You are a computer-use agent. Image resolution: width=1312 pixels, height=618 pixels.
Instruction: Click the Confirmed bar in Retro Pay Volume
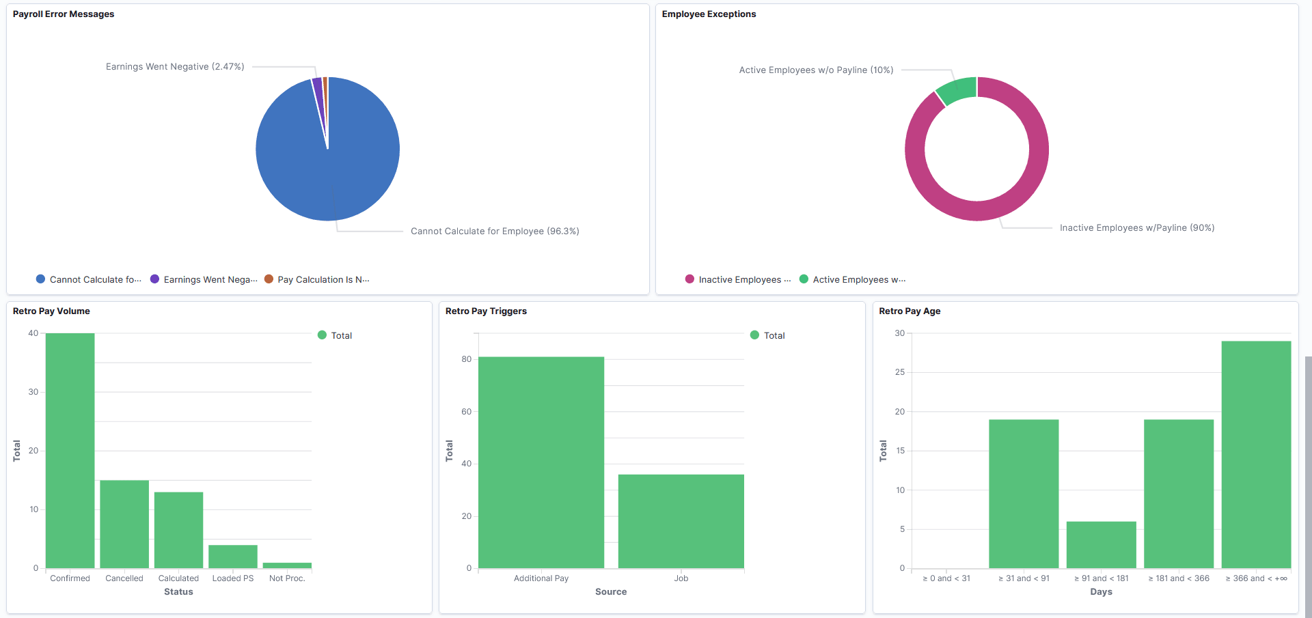[x=70, y=451]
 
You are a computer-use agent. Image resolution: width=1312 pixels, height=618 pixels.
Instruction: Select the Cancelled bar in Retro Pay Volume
[x=124, y=524]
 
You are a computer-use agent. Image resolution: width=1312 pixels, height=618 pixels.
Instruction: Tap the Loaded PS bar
[x=232, y=557]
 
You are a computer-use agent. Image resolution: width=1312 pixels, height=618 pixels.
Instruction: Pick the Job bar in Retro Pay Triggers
[x=681, y=521]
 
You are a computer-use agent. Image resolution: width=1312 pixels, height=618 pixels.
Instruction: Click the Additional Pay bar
[x=541, y=462]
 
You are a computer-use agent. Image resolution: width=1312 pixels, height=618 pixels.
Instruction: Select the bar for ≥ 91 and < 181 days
[x=1101, y=545]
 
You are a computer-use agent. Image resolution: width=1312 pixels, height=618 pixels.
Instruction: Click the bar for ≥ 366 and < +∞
[x=1255, y=454]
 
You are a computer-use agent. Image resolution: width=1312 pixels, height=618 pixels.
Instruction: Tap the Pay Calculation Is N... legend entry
[x=323, y=279]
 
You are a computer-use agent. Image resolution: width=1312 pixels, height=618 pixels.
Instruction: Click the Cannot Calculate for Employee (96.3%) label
[x=495, y=231]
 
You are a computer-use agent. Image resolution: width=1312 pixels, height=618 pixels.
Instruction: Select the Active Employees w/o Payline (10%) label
[x=816, y=70]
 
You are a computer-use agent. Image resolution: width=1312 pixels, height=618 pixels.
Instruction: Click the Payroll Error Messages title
[x=64, y=14]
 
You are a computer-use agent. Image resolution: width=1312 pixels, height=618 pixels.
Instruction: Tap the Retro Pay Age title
[x=909, y=311]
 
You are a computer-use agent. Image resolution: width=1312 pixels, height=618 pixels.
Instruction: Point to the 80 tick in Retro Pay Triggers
[x=467, y=359]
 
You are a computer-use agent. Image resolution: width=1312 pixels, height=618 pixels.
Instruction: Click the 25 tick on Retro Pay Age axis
[x=900, y=372]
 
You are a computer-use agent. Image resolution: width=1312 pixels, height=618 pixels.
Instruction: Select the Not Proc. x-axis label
[x=287, y=578]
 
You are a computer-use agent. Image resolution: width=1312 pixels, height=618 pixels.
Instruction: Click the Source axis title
[x=610, y=592]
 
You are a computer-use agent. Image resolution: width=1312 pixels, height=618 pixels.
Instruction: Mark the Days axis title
[x=1101, y=592]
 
